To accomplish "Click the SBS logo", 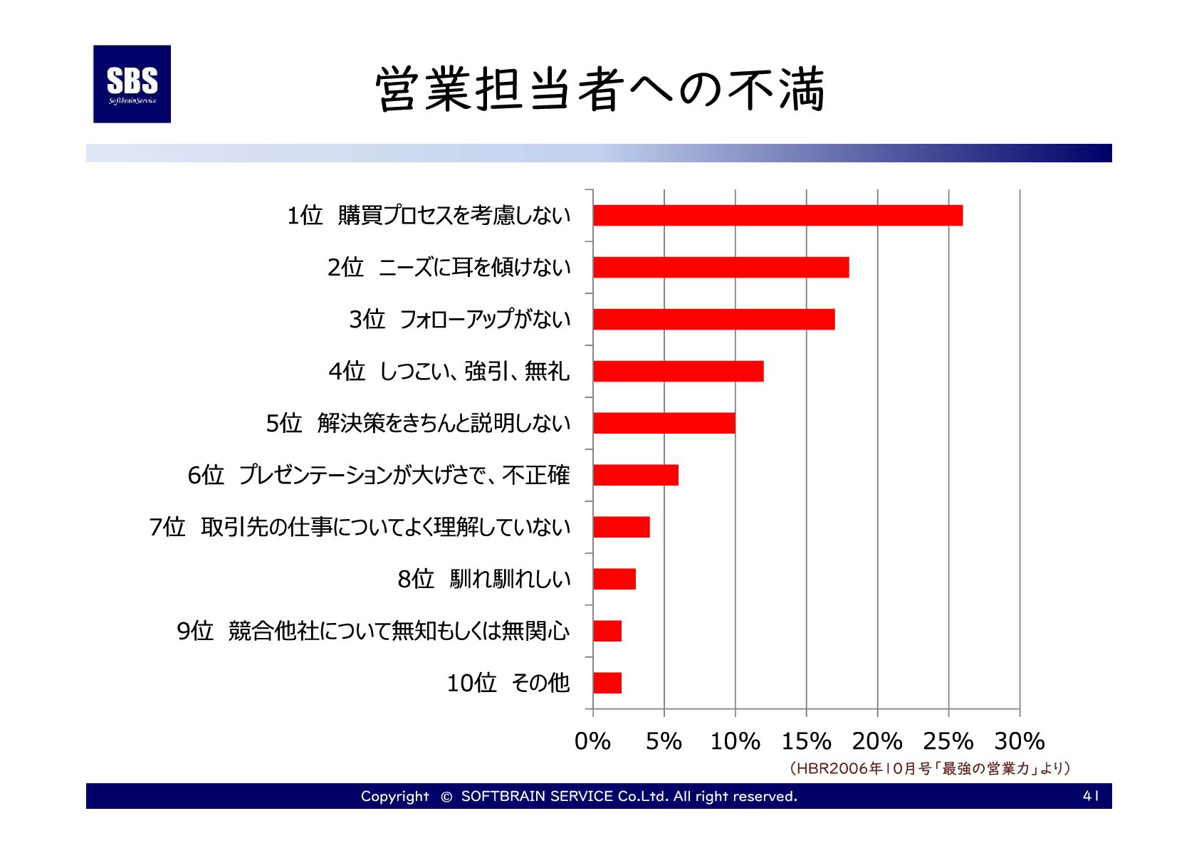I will (x=132, y=84).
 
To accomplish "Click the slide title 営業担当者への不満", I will (x=599, y=90).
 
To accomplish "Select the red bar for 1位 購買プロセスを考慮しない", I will (x=777, y=216).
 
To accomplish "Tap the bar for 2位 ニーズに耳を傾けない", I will (x=721, y=268).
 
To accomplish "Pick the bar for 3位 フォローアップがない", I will (x=713, y=320).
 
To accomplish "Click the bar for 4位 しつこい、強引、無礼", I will (x=678, y=372).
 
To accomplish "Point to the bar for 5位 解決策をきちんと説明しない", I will (x=664, y=424).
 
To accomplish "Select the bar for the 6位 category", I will (x=635, y=476).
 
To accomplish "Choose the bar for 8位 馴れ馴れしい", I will (x=614, y=580).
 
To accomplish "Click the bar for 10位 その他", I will (x=607, y=684).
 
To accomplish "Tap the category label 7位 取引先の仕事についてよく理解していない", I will (x=360, y=528).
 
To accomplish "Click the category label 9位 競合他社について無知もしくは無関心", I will (x=373, y=632).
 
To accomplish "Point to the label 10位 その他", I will (x=508, y=684).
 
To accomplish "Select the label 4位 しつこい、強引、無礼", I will (x=449, y=372).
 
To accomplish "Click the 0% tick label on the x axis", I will (x=592, y=741).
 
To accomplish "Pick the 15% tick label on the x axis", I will (x=806, y=741).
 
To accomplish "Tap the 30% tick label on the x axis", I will (x=1019, y=741).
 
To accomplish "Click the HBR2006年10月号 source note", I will (x=929, y=768).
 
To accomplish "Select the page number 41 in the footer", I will (x=1090, y=796).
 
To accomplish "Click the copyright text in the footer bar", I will (x=578, y=796).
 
